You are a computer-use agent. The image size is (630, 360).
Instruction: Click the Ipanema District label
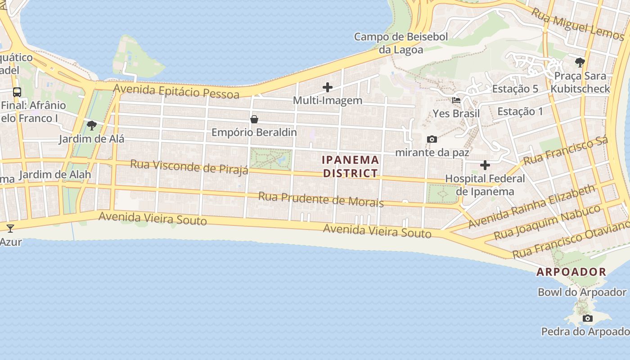[x=351, y=166]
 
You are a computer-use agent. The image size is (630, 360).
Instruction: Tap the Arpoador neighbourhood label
[x=571, y=272]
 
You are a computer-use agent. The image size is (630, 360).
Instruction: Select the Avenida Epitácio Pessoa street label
[x=176, y=91]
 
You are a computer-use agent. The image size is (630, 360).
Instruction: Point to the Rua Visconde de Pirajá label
[x=189, y=166]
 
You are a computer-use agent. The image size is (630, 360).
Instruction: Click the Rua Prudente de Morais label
[x=321, y=199]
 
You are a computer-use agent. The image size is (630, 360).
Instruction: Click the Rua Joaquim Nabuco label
[x=547, y=222]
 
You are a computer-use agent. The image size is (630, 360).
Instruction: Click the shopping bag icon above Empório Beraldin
[x=254, y=119]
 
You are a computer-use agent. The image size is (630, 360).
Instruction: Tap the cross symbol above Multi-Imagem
[x=328, y=87]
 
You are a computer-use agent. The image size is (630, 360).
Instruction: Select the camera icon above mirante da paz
[x=432, y=139]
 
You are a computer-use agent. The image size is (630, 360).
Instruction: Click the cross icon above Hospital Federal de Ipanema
[x=485, y=165]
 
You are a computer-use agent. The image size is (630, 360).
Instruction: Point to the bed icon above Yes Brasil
[x=456, y=100]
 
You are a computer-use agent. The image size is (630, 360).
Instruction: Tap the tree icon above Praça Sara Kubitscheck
[x=580, y=62]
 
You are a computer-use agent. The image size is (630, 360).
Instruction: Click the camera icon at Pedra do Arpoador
[x=587, y=319]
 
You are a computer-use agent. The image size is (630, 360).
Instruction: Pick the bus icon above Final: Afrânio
[x=17, y=92]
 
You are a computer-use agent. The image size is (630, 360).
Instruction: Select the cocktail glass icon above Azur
[x=10, y=228]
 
